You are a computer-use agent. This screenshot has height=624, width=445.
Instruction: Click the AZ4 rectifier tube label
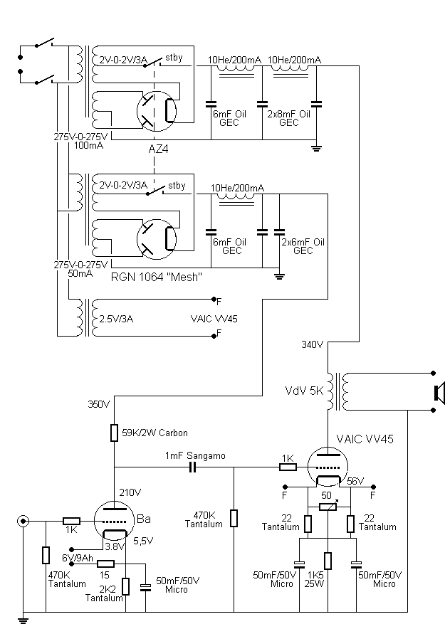point(158,149)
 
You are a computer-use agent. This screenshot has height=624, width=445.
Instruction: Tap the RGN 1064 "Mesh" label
point(156,277)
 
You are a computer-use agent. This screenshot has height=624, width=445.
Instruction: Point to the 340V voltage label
point(313,344)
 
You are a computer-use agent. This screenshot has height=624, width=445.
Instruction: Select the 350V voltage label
point(99,405)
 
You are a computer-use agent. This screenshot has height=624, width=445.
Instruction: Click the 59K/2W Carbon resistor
point(115,433)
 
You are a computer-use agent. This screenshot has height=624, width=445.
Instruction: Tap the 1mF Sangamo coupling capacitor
point(193,467)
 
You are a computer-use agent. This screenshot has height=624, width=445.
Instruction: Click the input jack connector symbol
point(23,521)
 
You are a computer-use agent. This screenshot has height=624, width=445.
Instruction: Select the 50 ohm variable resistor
point(328,507)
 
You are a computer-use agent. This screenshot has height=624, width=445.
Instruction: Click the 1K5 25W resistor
point(328,561)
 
